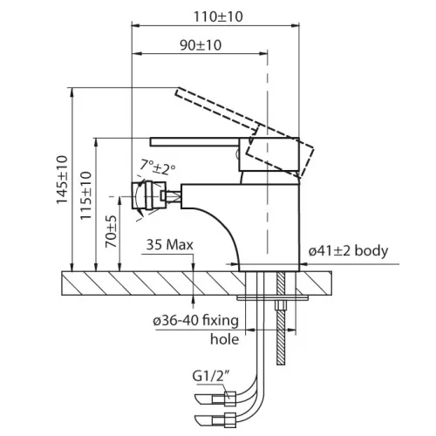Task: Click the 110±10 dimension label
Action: (x=218, y=17)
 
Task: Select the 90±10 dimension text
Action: (x=201, y=45)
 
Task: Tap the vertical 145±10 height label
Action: (x=62, y=180)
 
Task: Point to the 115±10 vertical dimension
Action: (x=86, y=195)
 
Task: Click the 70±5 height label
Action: (x=111, y=231)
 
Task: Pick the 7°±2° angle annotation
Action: (x=158, y=167)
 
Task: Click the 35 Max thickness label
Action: (x=169, y=245)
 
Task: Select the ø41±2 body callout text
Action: (x=348, y=251)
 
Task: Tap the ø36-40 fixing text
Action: (x=195, y=320)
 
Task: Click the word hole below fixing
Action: (x=224, y=339)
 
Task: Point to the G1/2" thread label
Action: (x=211, y=376)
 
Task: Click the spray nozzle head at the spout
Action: (x=149, y=195)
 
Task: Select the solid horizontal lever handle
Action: (x=194, y=142)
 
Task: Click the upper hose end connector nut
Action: (x=230, y=399)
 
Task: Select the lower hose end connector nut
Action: (x=230, y=421)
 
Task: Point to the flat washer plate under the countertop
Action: (x=272, y=298)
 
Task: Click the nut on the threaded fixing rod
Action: (x=281, y=306)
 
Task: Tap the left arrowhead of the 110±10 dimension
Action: (x=136, y=26)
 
